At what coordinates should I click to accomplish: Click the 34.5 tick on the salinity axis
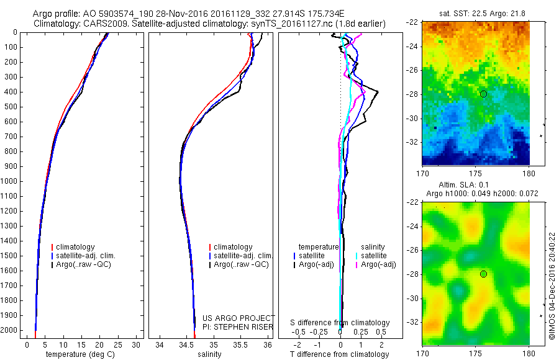(x=186, y=344)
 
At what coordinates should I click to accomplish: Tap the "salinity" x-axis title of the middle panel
(x=209, y=354)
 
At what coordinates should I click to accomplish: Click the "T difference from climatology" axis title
(x=339, y=354)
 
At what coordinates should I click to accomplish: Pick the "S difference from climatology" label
(x=340, y=323)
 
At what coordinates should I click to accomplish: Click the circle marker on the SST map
(x=483, y=94)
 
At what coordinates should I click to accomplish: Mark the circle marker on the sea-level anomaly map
(x=483, y=274)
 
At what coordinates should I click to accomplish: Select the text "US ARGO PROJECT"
(x=239, y=318)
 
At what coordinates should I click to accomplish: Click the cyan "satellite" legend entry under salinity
(x=373, y=256)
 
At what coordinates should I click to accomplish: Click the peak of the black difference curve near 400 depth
(x=378, y=92)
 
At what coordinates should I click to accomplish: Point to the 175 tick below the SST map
(x=475, y=173)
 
